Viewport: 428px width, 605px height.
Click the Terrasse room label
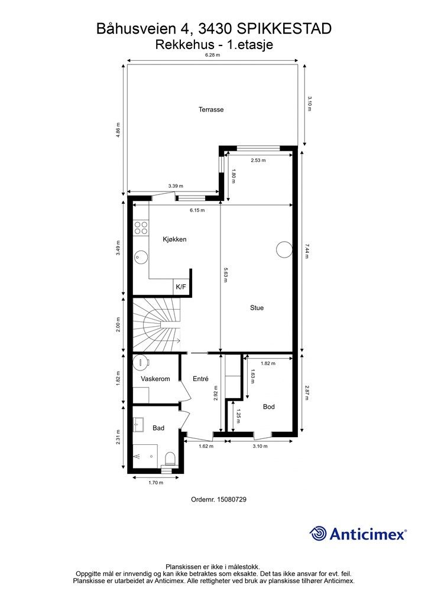click(211, 109)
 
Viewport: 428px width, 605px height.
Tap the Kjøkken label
click(174, 239)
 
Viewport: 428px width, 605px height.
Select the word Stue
click(257, 307)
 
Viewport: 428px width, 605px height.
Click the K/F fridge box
click(181, 287)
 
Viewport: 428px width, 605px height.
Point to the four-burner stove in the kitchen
click(141, 227)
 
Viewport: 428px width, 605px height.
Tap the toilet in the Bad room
click(170, 459)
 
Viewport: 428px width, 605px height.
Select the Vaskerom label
click(155, 379)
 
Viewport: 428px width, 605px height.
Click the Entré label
click(200, 379)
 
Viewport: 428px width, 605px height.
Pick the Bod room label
click(268, 406)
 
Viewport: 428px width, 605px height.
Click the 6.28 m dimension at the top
click(212, 55)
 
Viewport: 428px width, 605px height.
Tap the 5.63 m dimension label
click(225, 275)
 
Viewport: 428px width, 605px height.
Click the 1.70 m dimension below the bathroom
click(155, 483)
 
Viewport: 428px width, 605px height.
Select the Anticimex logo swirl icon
click(317, 534)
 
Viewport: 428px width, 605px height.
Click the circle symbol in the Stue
click(284, 250)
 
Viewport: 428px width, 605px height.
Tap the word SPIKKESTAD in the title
click(284, 29)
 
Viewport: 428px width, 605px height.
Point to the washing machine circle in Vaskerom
click(141, 362)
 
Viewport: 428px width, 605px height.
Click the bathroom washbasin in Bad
click(138, 425)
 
